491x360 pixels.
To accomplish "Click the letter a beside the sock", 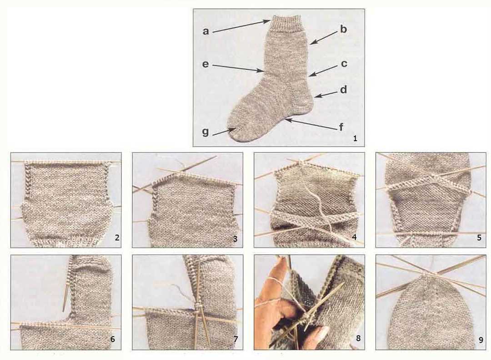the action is tap(206, 31).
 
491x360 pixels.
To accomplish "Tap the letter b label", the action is tap(344, 29).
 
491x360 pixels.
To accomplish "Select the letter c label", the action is tap(344, 64).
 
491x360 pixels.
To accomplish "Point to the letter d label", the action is tap(344, 90).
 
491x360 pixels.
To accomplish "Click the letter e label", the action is tap(205, 64).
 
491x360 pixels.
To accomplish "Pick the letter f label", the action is tap(341, 127).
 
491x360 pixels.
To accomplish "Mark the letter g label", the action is tap(205, 132).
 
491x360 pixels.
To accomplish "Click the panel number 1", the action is tap(355, 138).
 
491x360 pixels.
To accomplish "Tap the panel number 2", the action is tap(117, 238).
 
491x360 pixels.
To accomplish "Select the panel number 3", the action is tap(235, 239).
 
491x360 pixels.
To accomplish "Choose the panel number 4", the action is tap(355, 238).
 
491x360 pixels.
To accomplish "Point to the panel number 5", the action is tap(479, 238).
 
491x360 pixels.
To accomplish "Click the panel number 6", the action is tap(112, 339).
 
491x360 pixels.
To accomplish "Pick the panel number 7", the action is tap(236, 339).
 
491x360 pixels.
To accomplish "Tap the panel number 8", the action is tap(358, 338).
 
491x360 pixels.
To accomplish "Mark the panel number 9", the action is tap(481, 340).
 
